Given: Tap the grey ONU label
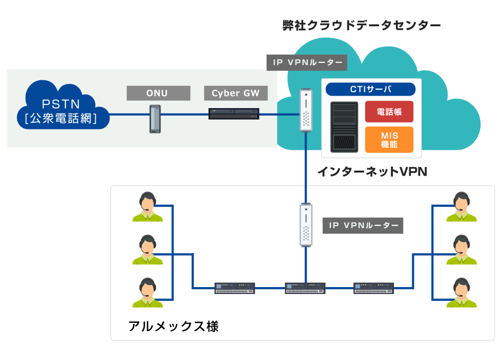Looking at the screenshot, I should (x=159, y=93).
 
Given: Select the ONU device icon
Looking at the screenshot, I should (x=156, y=119).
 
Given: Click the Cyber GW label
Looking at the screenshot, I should (x=232, y=93).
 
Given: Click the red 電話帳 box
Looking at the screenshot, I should (x=389, y=112).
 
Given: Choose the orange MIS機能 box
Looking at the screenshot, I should (x=389, y=139).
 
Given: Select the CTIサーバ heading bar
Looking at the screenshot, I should (x=370, y=89).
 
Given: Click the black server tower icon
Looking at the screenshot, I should (x=344, y=127).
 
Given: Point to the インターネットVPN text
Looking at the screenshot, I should (x=372, y=172).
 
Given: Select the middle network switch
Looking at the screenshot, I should (x=305, y=288).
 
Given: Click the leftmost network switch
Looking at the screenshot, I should (x=235, y=288).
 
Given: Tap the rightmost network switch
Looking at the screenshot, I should (x=374, y=288).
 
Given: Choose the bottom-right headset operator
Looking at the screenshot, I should (x=461, y=293).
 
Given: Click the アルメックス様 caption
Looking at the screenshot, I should (x=173, y=326).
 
